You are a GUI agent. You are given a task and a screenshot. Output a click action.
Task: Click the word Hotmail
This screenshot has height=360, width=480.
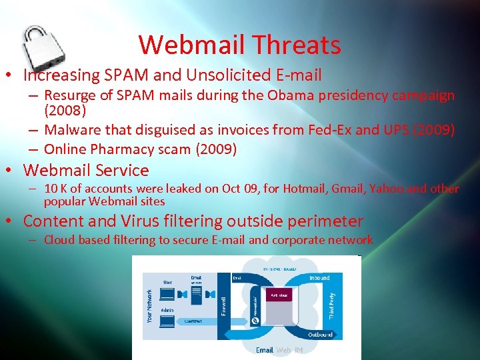303,189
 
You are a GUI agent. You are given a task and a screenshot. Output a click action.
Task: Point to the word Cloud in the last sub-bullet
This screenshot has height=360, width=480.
59,240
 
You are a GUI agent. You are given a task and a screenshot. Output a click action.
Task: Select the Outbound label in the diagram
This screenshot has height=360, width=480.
319,335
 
